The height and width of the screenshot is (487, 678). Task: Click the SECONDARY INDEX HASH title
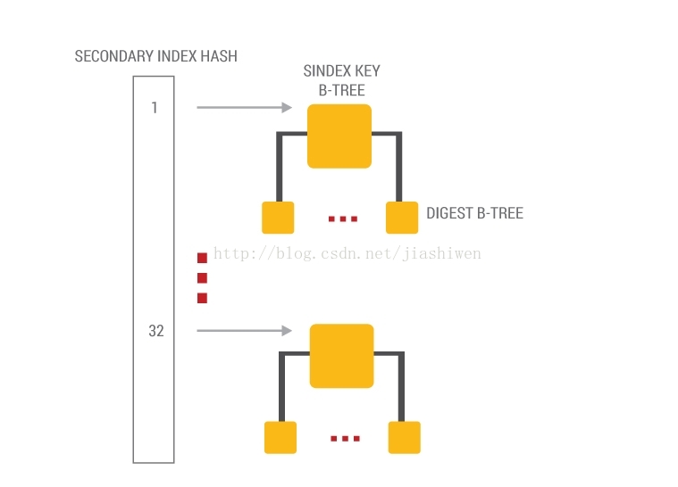click(x=155, y=56)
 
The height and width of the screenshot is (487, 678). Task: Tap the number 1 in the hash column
click(x=154, y=108)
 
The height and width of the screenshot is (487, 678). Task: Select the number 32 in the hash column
click(x=155, y=331)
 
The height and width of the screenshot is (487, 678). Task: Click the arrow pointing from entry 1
click(x=244, y=108)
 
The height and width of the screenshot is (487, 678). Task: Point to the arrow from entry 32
click(x=244, y=331)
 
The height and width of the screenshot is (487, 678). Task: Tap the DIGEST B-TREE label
click(x=474, y=213)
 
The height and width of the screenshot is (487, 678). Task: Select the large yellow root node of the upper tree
click(x=339, y=136)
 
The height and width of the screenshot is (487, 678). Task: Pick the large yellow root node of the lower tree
click(x=341, y=355)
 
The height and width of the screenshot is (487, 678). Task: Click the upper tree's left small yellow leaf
click(x=278, y=218)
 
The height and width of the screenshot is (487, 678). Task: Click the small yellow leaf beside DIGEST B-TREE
click(x=402, y=218)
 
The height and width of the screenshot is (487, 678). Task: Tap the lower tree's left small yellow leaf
click(x=280, y=437)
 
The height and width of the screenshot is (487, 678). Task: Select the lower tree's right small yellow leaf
click(x=404, y=437)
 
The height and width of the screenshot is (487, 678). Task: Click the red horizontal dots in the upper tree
click(x=342, y=219)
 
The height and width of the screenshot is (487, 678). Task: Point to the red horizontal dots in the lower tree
click(x=344, y=438)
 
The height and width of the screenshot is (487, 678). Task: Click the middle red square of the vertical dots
click(x=202, y=278)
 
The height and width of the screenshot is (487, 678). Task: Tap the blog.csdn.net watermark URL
click(x=347, y=254)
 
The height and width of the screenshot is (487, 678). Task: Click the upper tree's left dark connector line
click(x=280, y=165)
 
